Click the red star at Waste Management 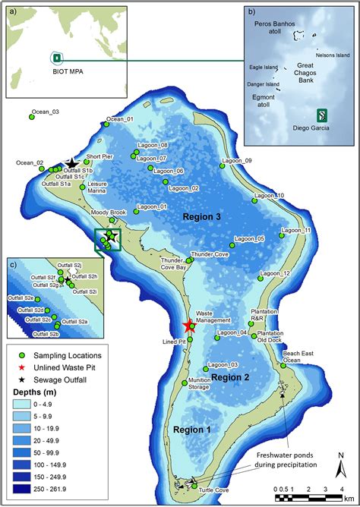click(188, 326)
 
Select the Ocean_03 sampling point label click(45, 112)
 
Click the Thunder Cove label click(210, 254)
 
